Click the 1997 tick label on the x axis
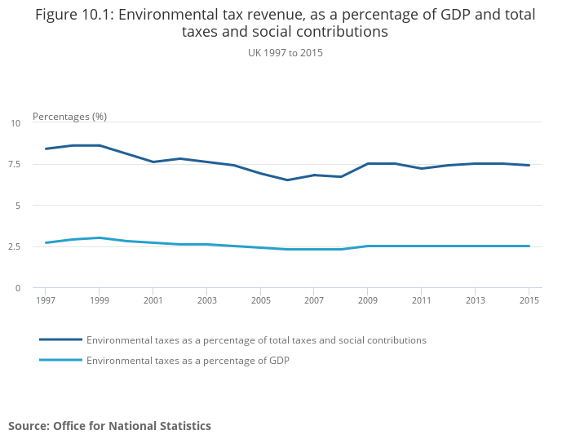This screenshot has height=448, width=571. coord(46,301)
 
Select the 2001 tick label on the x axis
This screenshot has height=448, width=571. coord(153,301)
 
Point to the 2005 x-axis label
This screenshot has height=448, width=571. coord(260,301)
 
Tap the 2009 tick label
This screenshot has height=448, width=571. coord(368,301)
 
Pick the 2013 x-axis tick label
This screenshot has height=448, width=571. coord(475,301)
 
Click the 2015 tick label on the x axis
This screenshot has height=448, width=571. coord(529,301)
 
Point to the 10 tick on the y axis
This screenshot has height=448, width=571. coord(15,123)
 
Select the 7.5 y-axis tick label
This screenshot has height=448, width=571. coord(14,164)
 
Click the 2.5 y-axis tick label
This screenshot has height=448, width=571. coord(14,246)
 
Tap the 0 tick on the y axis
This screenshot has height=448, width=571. coord(18,287)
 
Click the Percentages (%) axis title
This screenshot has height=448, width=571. coord(69,117)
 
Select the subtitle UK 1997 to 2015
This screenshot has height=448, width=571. coord(285,52)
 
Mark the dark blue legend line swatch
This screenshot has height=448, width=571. coord(61,339)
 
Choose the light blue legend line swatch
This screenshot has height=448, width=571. coord(61,360)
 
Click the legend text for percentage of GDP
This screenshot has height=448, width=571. coord(188,360)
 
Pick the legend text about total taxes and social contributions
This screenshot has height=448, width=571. coord(256,339)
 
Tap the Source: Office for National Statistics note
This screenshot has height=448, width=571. coord(109,426)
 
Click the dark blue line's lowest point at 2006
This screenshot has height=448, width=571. coord(287,180)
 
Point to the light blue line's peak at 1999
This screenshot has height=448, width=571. coord(100,237)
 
